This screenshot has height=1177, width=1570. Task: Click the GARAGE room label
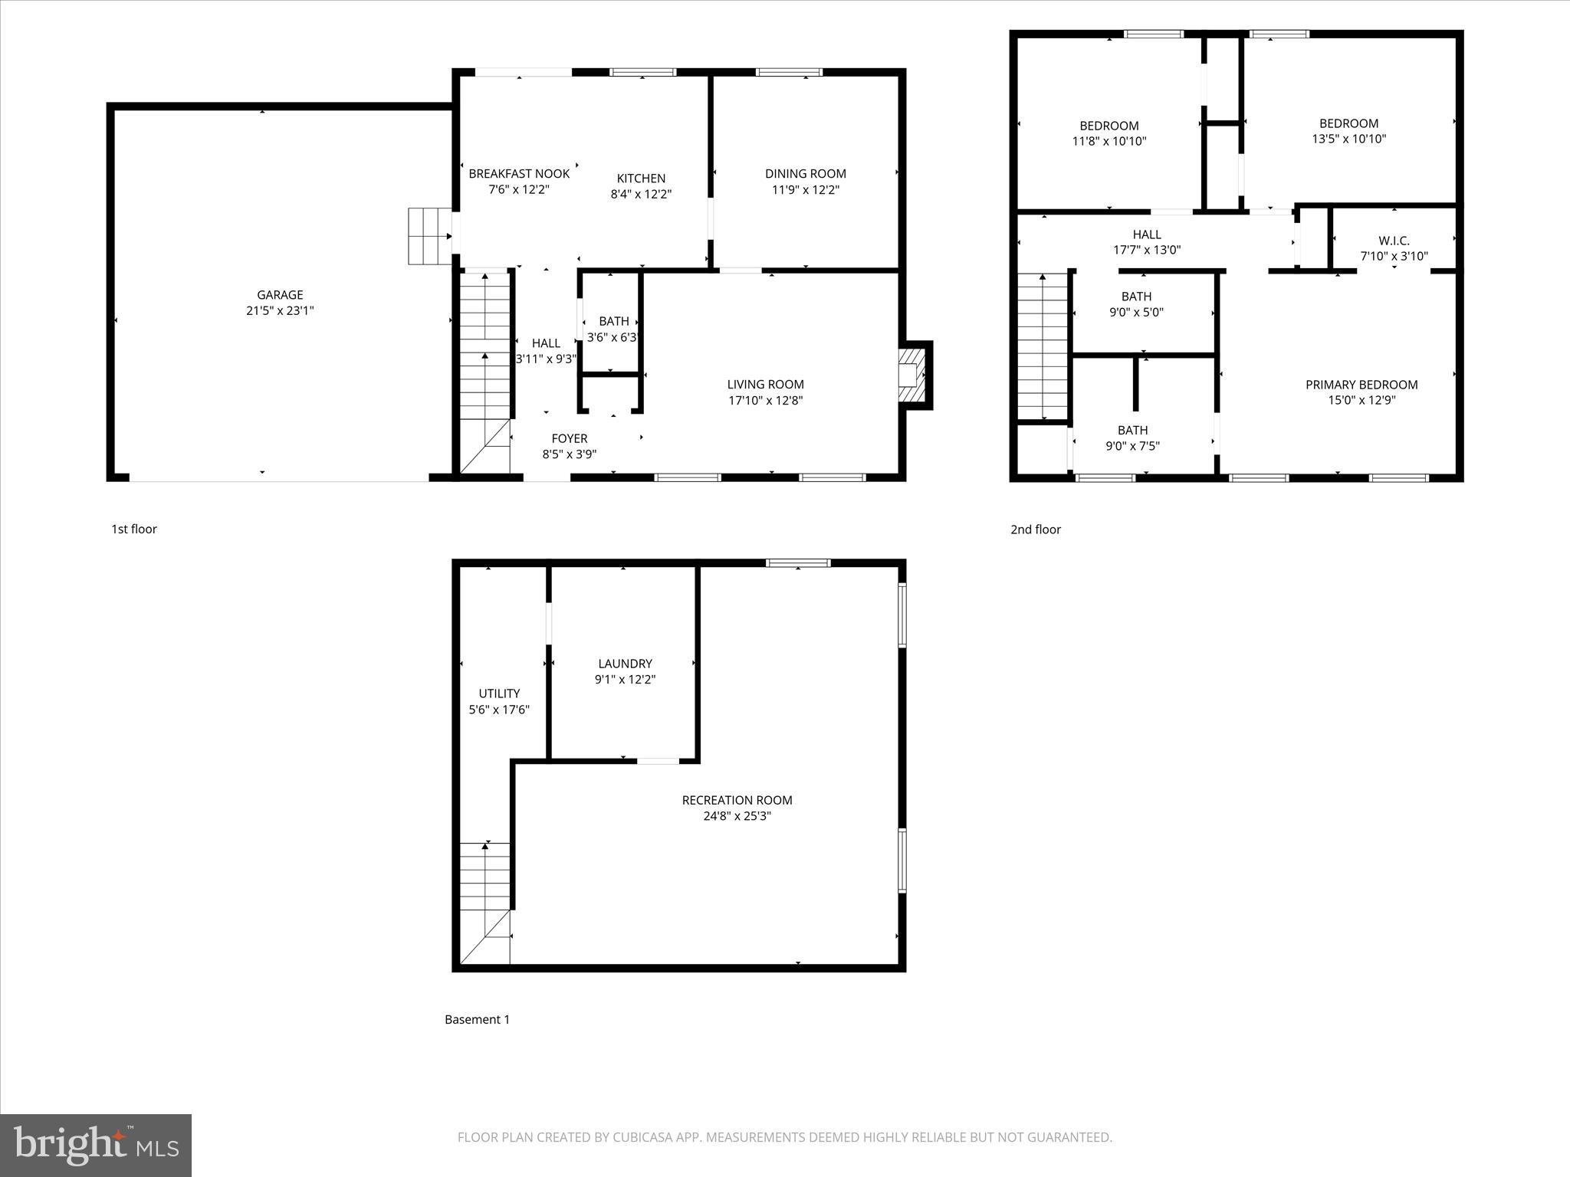tap(280, 295)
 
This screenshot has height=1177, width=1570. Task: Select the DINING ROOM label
tap(805, 174)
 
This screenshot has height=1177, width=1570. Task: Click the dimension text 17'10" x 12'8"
tap(765, 400)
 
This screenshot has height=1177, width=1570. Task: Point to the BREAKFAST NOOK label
tap(519, 174)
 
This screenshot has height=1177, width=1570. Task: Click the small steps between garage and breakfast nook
tap(429, 236)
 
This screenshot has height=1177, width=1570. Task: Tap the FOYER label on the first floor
tap(569, 438)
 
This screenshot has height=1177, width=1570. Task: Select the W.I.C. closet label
tap(1394, 241)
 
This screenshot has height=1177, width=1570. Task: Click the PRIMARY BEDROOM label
tap(1361, 385)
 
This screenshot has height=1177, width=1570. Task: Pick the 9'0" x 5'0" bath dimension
tap(1136, 312)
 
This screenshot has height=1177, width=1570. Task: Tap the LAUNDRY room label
tap(625, 664)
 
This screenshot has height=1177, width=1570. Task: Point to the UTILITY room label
tap(499, 693)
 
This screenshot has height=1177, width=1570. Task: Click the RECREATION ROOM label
tap(737, 800)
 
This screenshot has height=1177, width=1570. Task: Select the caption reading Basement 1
tap(477, 1019)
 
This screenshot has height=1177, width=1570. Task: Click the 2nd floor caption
tap(1035, 529)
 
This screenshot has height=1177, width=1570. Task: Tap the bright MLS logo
tap(96, 1145)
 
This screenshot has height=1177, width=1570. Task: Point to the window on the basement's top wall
tap(798, 563)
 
